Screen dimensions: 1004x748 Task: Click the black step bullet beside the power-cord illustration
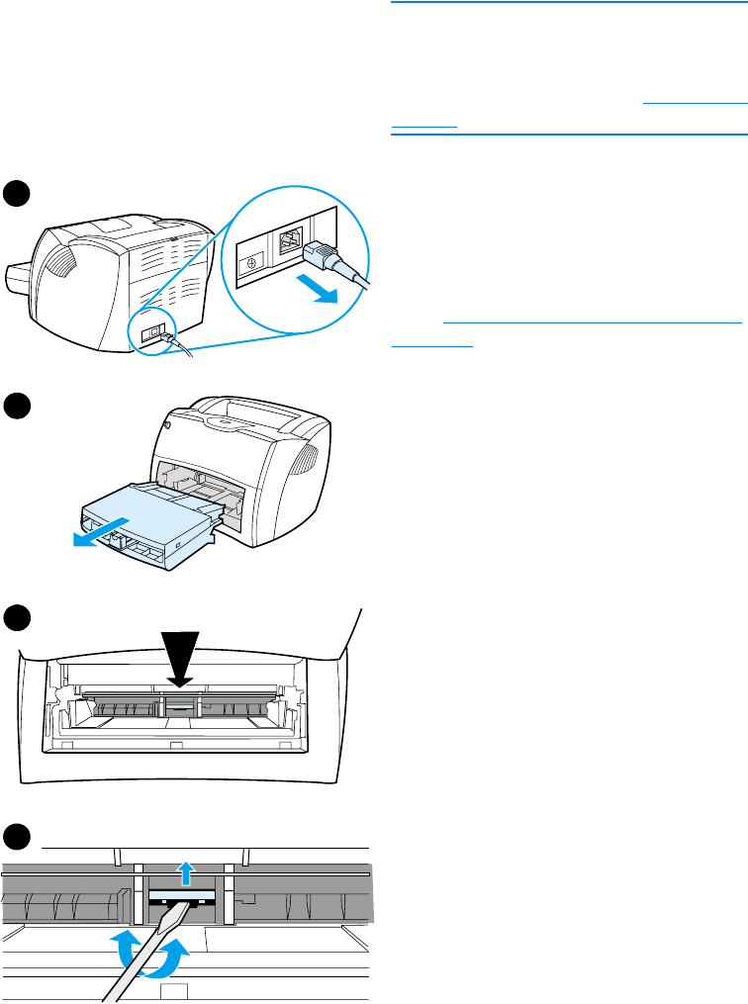tap(17, 193)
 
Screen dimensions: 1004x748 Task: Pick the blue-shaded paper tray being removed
tap(148, 513)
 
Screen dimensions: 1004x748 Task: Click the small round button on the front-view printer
tap(166, 426)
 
